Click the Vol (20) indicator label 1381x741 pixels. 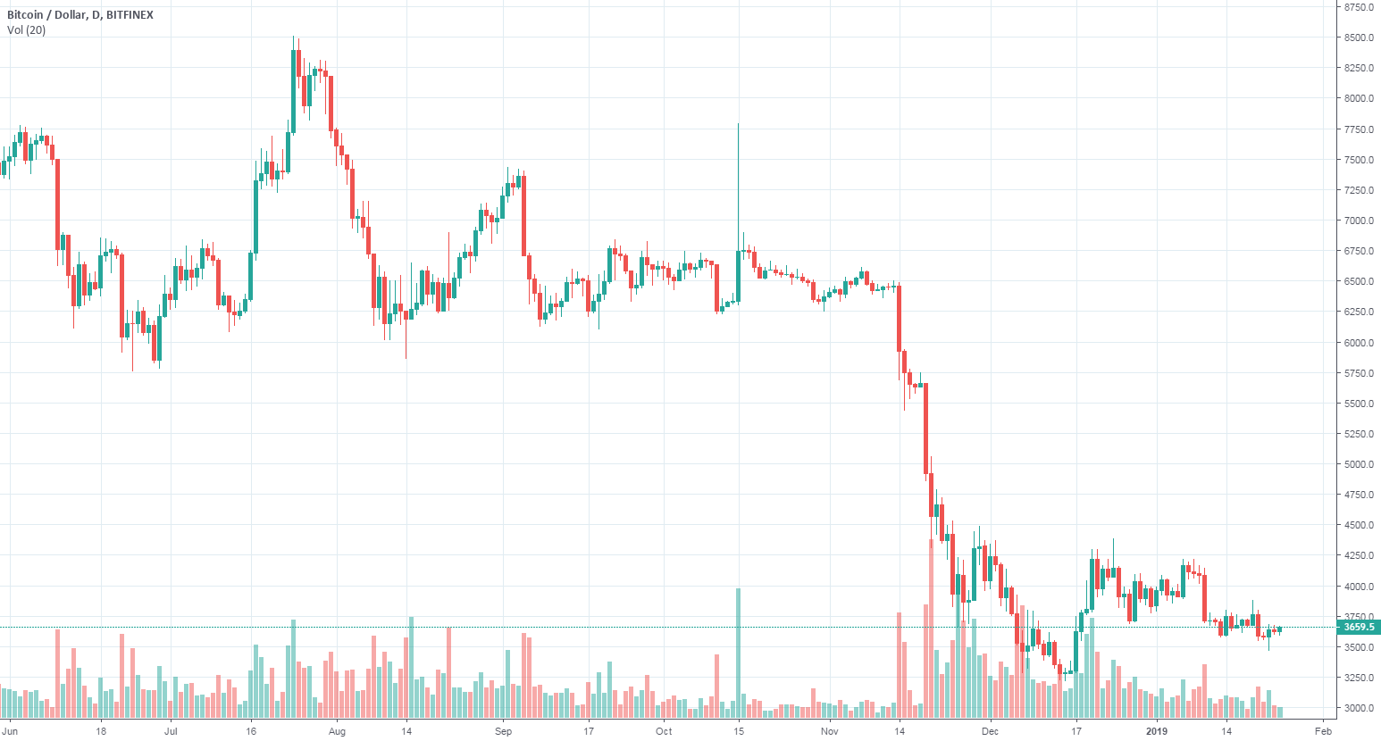pos(27,30)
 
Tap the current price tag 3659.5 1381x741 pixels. pos(1359,628)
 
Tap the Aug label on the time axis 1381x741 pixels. pos(337,731)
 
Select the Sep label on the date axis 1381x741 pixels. pos(503,731)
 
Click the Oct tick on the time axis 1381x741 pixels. pos(664,731)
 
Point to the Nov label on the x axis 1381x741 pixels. pos(830,731)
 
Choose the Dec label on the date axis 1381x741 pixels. pos(991,731)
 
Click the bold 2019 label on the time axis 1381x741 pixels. pos(1157,731)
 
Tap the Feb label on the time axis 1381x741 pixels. pos(1324,731)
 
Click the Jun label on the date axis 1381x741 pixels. pos(11,731)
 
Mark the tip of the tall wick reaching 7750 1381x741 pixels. pos(738,125)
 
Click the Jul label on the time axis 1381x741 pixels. pos(172,731)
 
